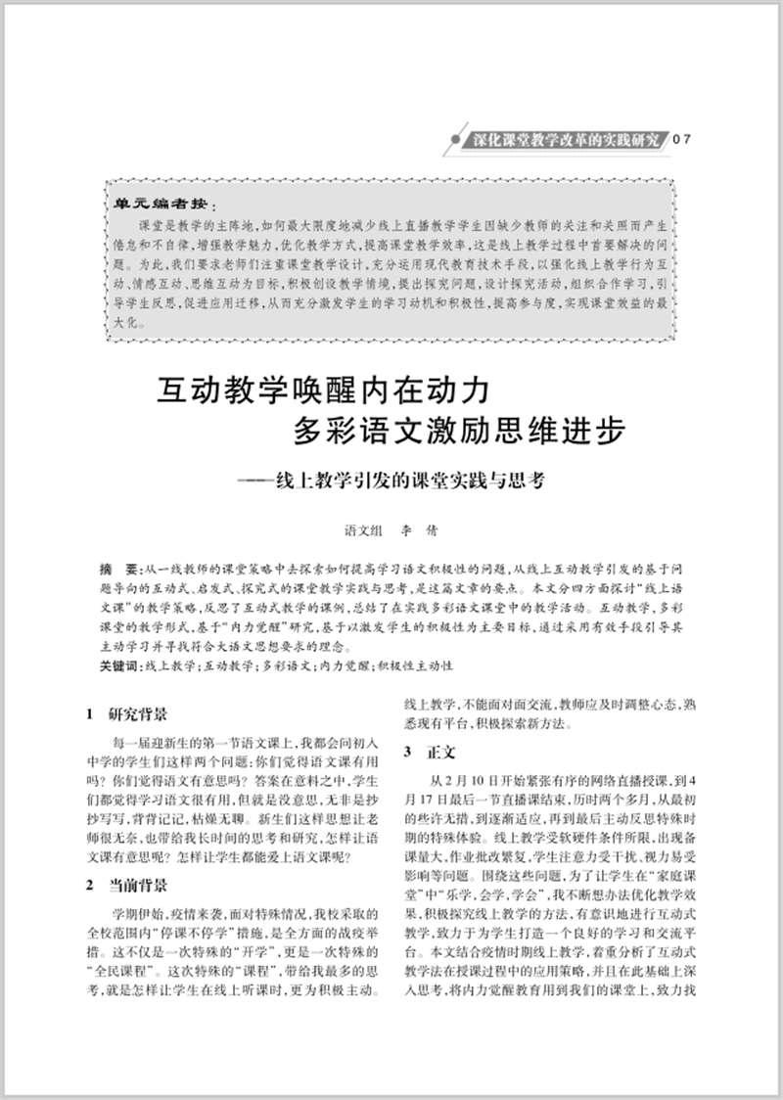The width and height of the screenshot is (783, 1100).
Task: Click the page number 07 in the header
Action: point(681,139)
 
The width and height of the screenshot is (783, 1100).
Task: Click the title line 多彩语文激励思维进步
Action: point(459,434)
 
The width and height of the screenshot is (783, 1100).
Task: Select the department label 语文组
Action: point(362,530)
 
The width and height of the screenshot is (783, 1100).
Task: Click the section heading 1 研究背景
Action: point(126,713)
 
